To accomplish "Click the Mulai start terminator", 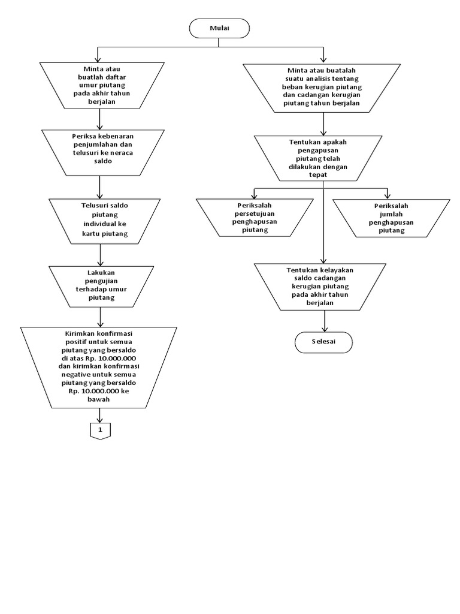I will click(x=219, y=28).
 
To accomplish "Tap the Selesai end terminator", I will click(x=324, y=341).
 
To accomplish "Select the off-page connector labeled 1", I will click(x=100, y=430).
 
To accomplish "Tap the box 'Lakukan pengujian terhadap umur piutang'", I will click(x=101, y=285).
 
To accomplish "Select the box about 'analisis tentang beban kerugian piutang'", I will click(x=324, y=88).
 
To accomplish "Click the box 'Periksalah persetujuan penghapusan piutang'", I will click(x=255, y=218).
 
